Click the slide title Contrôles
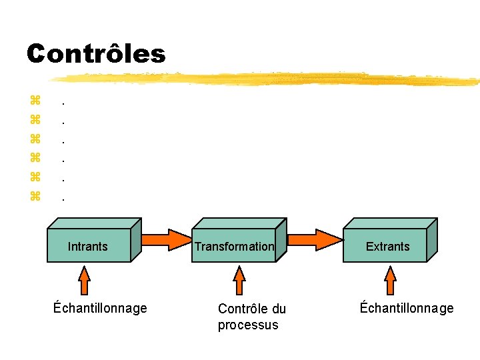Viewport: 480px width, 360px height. click(x=96, y=53)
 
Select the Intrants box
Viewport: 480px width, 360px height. click(x=90, y=246)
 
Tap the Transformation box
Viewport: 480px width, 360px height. click(x=235, y=246)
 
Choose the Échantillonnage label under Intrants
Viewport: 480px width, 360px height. click(x=100, y=308)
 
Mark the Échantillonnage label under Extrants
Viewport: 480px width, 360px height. click(x=407, y=308)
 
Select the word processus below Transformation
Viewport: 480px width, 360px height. click(x=247, y=325)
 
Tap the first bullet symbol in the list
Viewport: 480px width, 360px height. click(x=35, y=101)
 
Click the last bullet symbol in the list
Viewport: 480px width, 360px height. click(x=35, y=196)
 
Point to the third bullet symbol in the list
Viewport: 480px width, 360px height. click(x=35, y=139)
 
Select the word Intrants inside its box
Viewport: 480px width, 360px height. click(x=87, y=247)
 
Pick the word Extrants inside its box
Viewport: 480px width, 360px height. click(x=387, y=247)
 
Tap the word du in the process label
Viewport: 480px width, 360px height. click(x=279, y=309)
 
